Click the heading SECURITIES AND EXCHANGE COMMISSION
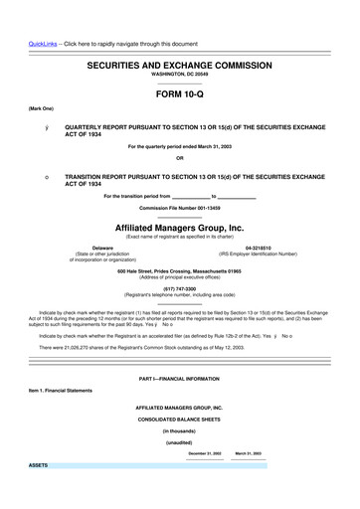pos(179,63)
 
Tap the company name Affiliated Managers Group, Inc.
pos(179,227)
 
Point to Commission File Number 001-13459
pos(179,207)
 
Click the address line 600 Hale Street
pos(179,270)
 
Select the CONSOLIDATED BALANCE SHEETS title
pos(179,420)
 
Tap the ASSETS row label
pos(39,464)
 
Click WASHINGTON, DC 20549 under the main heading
pos(179,74)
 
